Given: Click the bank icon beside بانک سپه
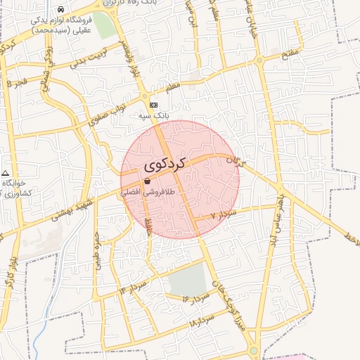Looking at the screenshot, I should coord(154,105).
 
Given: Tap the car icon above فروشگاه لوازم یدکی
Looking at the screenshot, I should coord(62,10).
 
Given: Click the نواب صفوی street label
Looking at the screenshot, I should coord(109,113).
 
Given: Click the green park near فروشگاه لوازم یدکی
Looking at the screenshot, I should coord(104,25).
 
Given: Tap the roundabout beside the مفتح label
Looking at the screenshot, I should coord(260,60).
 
